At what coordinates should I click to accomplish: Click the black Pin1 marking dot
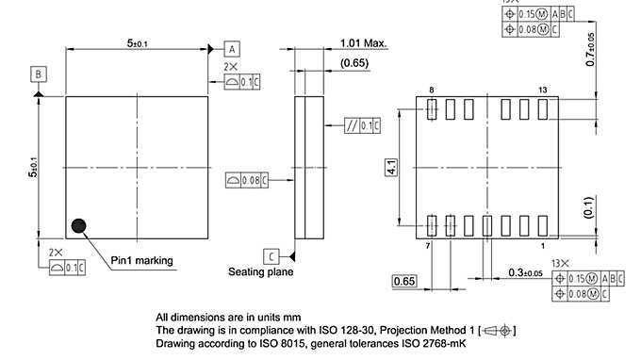click(x=78, y=226)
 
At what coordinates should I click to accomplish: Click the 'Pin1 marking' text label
click(x=141, y=260)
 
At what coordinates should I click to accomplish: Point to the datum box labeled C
click(x=271, y=255)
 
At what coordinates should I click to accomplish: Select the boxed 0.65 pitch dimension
click(x=403, y=281)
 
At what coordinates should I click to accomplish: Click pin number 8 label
click(x=431, y=90)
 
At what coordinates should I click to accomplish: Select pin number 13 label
click(x=542, y=90)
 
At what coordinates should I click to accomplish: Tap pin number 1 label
click(x=542, y=245)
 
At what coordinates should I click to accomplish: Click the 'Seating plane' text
click(x=260, y=271)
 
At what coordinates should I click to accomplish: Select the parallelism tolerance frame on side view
click(x=360, y=125)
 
